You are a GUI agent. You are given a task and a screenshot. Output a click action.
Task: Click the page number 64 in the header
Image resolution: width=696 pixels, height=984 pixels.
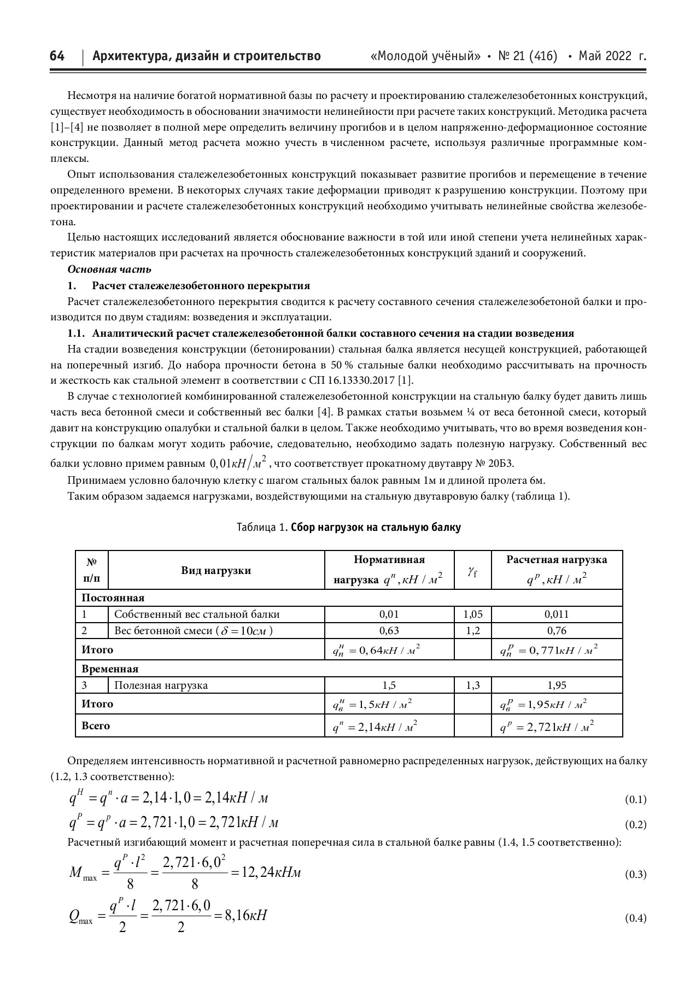(57, 56)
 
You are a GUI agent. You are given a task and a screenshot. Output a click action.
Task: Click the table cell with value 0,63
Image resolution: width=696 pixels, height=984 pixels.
(389, 630)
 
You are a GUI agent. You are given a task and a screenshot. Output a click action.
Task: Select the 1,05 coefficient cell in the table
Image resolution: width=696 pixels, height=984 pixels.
(472, 614)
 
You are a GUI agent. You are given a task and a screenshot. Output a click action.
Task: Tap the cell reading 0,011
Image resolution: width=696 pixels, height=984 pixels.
(556, 614)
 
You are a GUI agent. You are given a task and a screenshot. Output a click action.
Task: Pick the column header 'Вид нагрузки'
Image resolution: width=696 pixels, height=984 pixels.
(216, 570)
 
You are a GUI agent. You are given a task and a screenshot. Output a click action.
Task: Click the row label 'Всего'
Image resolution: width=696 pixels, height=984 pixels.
(96, 725)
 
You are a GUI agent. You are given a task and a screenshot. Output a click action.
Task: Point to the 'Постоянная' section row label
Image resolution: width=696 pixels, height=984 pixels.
(113, 598)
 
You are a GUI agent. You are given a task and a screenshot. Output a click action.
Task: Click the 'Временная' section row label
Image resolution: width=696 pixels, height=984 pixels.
(110, 669)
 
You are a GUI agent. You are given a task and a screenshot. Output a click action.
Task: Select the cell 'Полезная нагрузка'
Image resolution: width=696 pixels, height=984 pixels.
(161, 685)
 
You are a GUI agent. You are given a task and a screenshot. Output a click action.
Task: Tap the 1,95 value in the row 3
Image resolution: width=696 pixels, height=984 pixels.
(556, 685)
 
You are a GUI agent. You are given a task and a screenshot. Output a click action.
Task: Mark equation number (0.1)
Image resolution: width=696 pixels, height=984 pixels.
(635, 800)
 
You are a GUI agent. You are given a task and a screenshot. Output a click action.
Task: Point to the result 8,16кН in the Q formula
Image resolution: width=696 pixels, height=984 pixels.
(245, 915)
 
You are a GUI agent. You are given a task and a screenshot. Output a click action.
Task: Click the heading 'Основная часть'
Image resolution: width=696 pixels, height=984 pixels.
(109, 270)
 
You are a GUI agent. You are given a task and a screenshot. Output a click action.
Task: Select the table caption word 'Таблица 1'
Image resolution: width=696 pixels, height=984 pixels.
(261, 528)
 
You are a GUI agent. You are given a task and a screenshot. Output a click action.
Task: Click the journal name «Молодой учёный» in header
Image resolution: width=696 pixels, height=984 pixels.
(425, 56)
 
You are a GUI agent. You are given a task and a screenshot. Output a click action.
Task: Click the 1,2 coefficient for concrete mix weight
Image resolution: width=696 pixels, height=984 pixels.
(472, 630)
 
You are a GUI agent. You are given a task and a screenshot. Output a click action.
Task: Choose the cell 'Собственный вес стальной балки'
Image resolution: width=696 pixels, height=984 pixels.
(197, 614)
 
